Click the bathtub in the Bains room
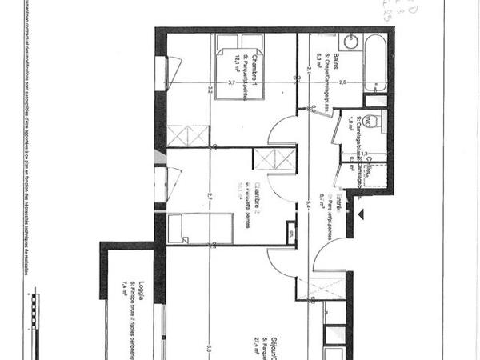coord(374,61)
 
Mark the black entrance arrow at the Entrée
coord(362,214)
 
